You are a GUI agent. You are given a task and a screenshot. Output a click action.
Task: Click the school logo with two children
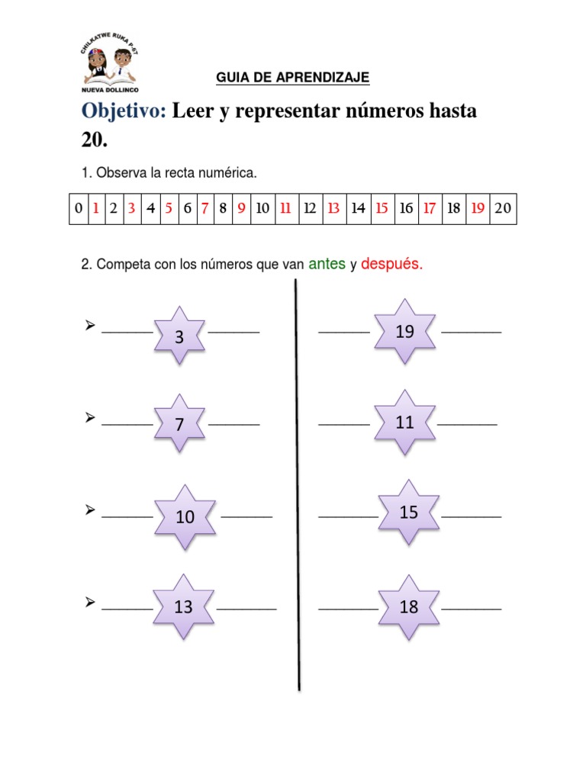click(110, 63)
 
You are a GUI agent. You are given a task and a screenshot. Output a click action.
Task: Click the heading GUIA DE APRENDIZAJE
click(292, 78)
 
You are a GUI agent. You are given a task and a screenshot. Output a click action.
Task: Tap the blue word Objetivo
click(124, 111)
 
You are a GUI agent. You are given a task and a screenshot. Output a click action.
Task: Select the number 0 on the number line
click(79, 209)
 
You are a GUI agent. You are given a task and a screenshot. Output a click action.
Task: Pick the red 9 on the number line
click(241, 209)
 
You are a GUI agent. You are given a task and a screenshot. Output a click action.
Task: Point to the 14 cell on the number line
click(359, 209)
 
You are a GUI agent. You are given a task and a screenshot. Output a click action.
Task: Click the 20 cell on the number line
click(503, 209)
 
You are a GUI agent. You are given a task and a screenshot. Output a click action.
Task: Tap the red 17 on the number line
click(430, 209)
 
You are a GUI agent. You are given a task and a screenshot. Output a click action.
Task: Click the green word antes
click(327, 263)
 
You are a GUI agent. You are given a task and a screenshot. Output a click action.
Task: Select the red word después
click(391, 264)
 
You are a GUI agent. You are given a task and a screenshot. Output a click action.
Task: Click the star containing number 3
click(179, 336)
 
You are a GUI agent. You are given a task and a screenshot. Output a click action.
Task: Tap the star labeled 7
click(179, 423)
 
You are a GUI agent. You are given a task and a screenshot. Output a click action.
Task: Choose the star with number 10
click(185, 516)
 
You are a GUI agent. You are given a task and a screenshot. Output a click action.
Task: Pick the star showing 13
click(183, 606)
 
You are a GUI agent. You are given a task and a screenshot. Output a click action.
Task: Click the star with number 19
click(404, 331)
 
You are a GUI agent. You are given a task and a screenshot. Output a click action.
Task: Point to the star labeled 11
click(404, 423)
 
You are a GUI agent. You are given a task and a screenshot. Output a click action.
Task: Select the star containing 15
click(409, 512)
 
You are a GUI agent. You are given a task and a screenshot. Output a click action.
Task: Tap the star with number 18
click(409, 606)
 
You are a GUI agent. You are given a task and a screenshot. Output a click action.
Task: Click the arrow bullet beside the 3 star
click(90, 325)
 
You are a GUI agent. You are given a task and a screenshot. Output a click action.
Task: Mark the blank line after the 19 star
click(472, 332)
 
